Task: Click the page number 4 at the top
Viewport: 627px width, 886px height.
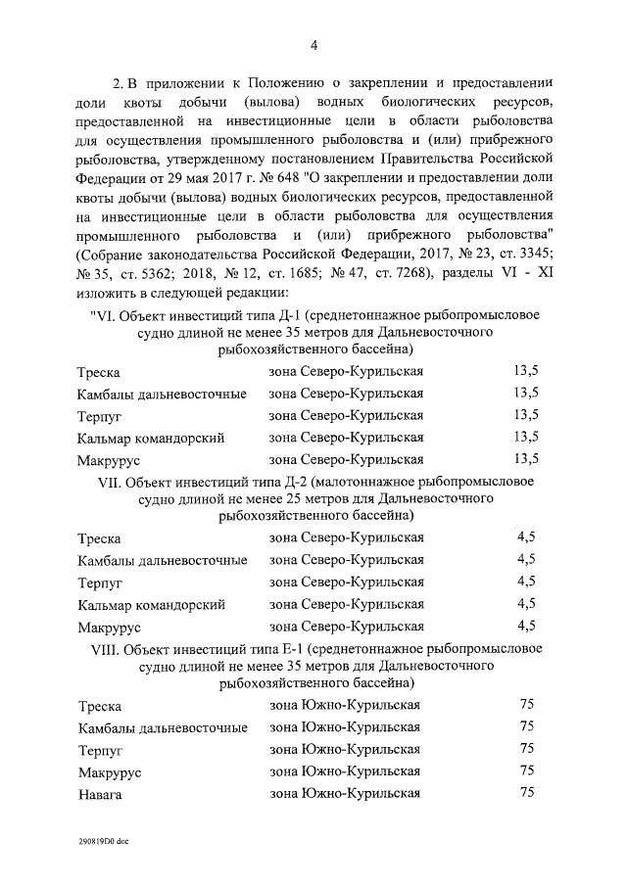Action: tap(313, 44)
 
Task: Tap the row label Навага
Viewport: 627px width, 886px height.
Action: tap(99, 795)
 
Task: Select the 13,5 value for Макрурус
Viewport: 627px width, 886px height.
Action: tap(526, 458)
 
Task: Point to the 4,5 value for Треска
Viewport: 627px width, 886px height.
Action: tap(526, 536)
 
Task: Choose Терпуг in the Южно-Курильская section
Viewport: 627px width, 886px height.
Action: tap(100, 750)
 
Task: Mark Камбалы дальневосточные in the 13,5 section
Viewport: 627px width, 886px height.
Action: tap(162, 395)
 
